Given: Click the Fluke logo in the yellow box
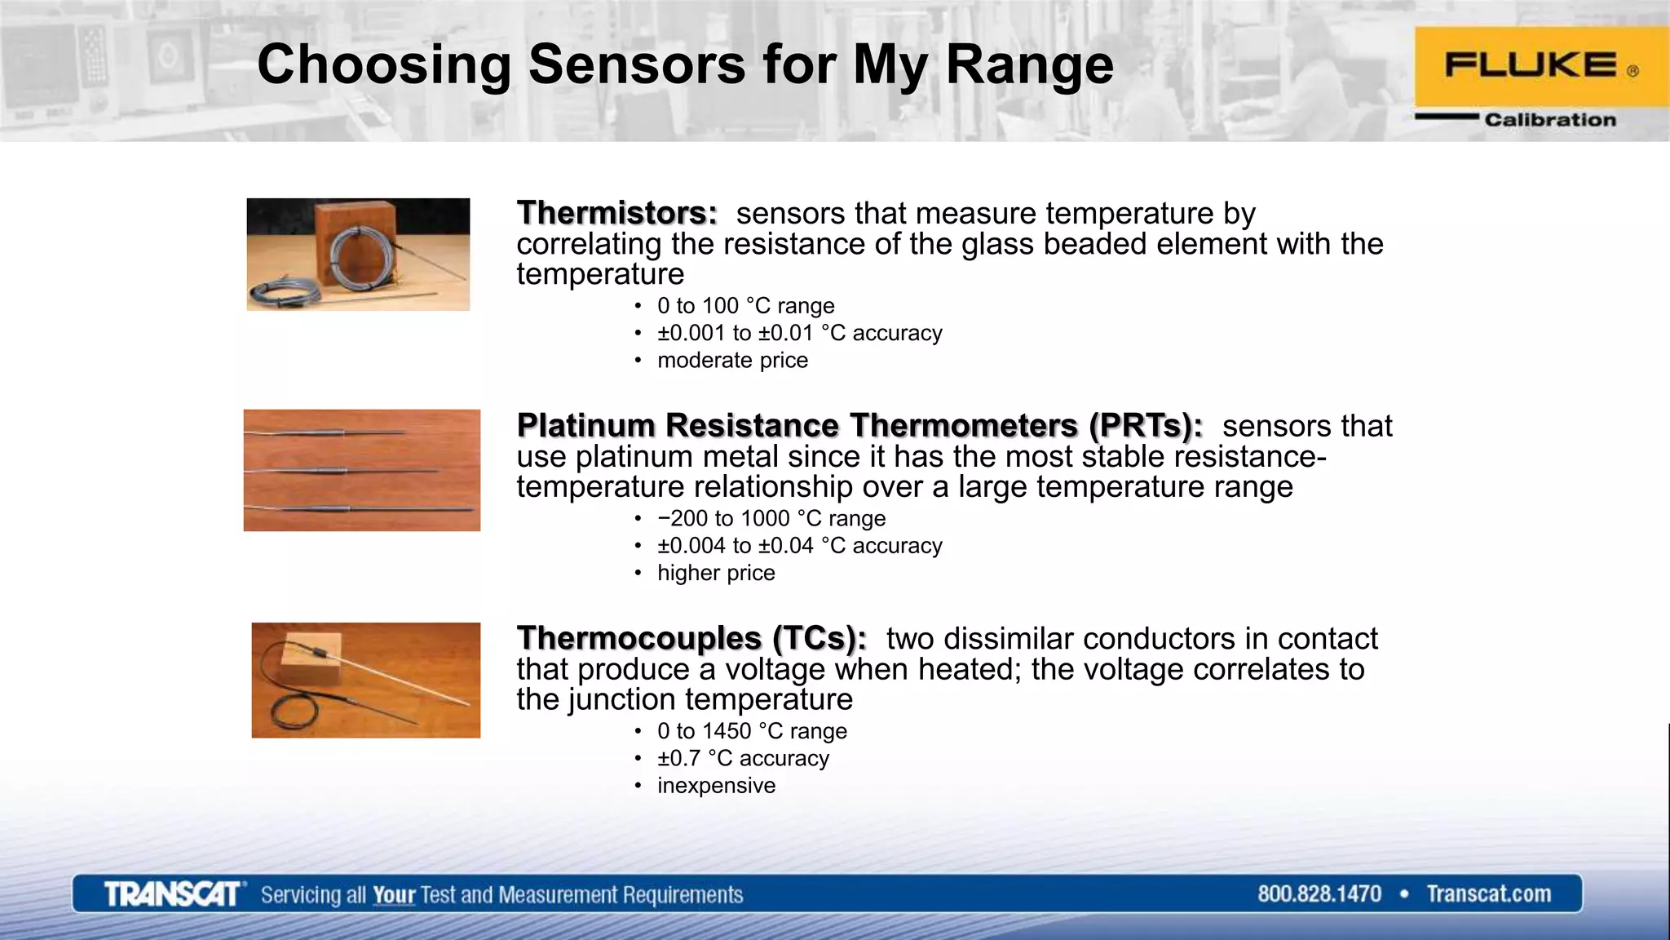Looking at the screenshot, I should pos(1531,65).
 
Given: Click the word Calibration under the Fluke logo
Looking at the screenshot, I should pos(1549,120).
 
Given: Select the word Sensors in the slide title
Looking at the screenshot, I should pos(636,64).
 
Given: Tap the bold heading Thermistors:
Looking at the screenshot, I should pos(616,213).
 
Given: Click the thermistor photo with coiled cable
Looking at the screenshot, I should pos(358,255).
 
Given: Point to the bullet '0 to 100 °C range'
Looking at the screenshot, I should pos(745,306).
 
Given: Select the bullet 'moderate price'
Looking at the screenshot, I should pos(732,361).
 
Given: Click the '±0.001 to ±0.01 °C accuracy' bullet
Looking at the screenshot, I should pos(799,333).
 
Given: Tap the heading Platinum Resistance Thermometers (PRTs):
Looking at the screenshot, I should pos(859,426).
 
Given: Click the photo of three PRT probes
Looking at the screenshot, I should pos(361,471).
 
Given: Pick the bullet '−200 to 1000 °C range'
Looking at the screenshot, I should pos(771,519).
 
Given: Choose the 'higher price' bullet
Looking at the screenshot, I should pos(716,574).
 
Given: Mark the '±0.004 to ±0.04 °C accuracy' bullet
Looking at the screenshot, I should pos(799,546).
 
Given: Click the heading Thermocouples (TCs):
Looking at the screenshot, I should pos(691,639).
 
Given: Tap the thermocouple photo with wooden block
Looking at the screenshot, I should pos(365,681).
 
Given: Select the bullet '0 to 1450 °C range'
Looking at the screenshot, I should pos(752,731).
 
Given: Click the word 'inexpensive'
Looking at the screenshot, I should pos(716,786).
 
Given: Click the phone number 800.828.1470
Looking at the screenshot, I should pos(1319,894).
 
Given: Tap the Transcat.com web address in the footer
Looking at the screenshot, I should pos(1488,894).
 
